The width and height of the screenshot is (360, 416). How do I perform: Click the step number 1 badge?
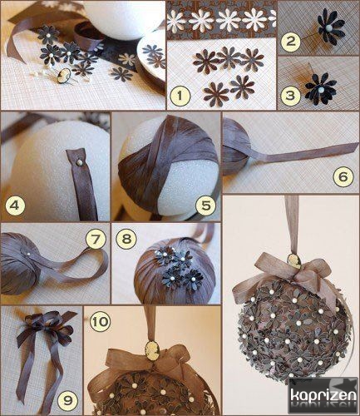(180, 96)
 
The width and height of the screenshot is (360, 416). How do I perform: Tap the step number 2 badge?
(290, 42)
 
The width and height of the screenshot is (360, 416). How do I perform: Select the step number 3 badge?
(290, 96)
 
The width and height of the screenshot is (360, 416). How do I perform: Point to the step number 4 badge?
(15, 206)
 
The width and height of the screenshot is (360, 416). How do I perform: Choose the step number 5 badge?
(206, 206)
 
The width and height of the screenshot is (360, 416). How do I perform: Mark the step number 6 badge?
(343, 176)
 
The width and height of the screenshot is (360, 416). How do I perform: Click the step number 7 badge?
(96, 239)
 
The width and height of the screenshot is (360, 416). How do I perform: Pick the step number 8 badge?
(126, 239)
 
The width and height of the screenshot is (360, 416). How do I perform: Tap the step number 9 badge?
(67, 400)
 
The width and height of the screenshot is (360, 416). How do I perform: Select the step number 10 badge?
(100, 322)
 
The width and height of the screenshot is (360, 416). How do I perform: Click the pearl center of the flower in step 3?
(321, 89)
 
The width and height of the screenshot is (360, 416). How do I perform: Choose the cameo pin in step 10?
(151, 347)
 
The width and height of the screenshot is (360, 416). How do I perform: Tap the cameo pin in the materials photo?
(62, 78)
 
